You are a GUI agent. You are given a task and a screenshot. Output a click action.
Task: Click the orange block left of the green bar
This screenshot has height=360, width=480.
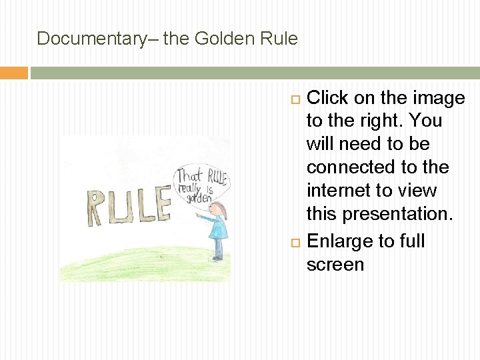[13, 73]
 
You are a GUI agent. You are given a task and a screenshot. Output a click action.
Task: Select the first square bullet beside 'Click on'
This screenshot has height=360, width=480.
[297, 99]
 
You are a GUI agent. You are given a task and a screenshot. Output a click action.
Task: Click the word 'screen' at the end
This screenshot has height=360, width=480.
[335, 265]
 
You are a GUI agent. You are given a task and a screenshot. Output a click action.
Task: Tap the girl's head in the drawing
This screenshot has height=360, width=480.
[218, 211]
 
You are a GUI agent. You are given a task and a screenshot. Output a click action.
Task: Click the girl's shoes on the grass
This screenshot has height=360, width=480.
[217, 258]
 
